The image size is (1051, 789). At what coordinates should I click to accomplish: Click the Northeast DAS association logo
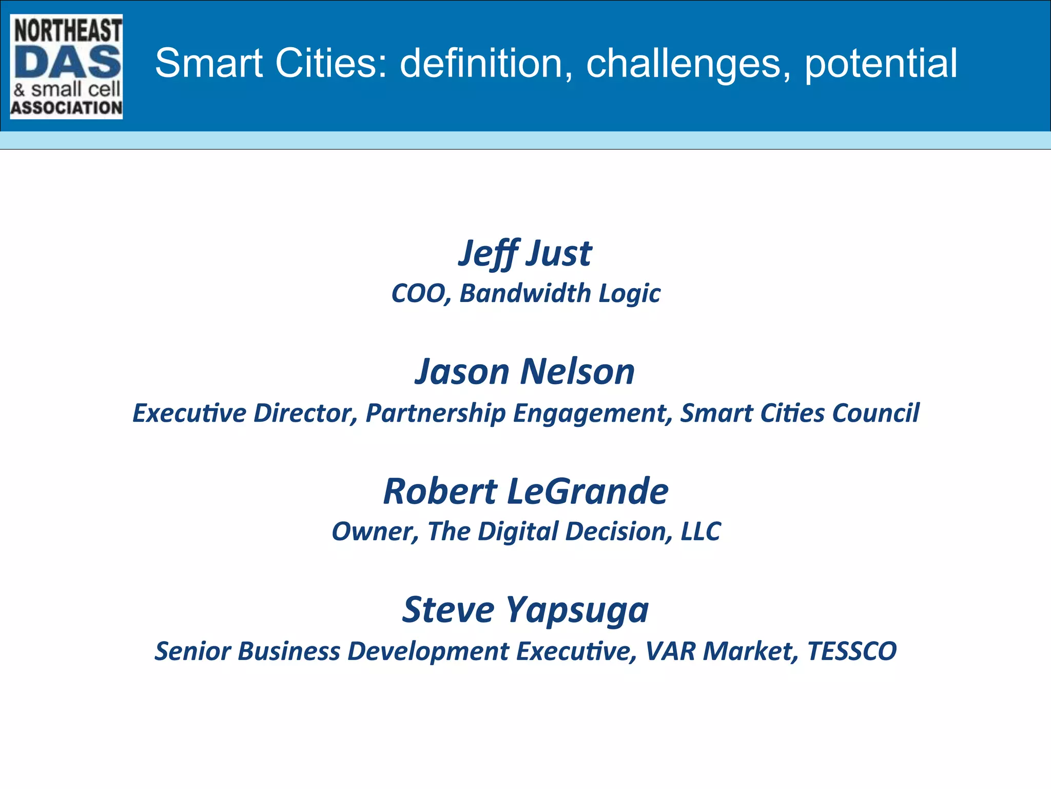pos(66,67)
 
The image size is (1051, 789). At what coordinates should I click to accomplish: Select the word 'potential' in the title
pos(881,63)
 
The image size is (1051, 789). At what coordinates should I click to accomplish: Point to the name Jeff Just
pos(525,253)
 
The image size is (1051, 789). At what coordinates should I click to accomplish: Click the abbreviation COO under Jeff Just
pos(420,293)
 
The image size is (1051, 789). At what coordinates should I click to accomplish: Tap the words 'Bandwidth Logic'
pos(560,293)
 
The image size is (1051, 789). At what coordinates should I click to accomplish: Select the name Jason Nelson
pos(525,371)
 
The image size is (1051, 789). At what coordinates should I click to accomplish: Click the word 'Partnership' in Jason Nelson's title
pos(435,414)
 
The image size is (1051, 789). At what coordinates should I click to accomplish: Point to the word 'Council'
pos(875,413)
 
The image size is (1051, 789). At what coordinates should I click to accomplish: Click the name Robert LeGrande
pos(525,491)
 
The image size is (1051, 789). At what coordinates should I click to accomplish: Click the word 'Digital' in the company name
pos(517,532)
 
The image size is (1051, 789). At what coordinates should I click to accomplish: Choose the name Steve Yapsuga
pos(525,610)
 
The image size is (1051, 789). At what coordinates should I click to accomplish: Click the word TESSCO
pos(851,651)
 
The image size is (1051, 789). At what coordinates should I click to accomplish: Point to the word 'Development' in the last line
pos(428,651)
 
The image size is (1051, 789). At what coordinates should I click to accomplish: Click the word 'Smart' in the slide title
pos(209,63)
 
